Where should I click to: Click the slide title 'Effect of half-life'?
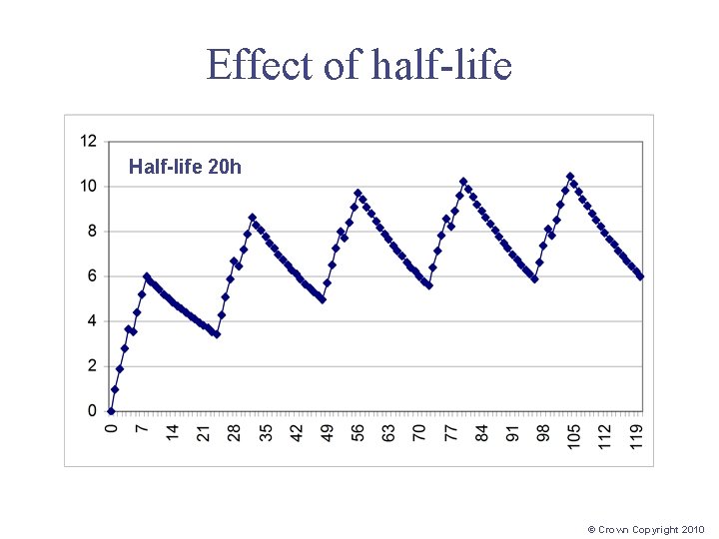[x=359, y=66]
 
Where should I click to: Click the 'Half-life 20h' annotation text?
[x=185, y=167]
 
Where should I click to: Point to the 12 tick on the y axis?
[x=88, y=141]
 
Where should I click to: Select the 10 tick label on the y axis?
[x=88, y=186]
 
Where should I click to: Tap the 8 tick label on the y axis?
[x=92, y=231]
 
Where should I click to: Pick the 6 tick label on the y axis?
[x=92, y=275]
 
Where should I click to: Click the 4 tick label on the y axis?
[x=92, y=321]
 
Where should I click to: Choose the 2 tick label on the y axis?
[x=92, y=366]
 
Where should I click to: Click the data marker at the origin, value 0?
[x=111, y=411]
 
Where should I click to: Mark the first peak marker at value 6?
[x=147, y=276]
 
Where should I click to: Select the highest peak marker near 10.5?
[x=570, y=177]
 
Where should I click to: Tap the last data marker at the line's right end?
[x=640, y=276]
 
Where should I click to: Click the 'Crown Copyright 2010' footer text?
[x=646, y=530]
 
